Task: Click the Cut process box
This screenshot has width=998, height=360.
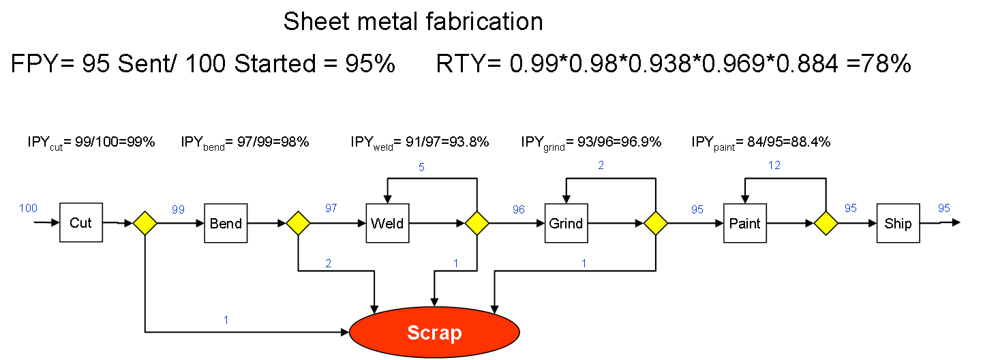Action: pos(81,223)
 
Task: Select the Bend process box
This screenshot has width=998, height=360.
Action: pos(226,223)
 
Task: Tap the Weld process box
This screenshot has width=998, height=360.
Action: pos(388,223)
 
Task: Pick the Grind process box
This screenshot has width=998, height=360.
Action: pos(566,223)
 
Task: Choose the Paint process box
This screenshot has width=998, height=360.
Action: pos(745,223)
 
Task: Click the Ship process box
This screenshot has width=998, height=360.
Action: pos(898,223)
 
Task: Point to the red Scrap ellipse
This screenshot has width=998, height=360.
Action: pos(434,332)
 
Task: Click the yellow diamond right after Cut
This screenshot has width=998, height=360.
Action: pos(145,223)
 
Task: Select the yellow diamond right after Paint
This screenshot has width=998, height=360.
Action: pos(826,223)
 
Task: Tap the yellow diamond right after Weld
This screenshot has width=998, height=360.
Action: pos(477,223)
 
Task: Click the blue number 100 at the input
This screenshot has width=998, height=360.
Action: pos(28,208)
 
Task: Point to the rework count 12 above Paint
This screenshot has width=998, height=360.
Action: pos(774,165)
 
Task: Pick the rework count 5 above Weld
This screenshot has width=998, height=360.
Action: pos(421,167)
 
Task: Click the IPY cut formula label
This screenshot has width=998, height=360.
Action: pos(91,143)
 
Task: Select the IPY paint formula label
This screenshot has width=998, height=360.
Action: pos(761,143)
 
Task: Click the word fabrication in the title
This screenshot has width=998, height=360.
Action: pos(484,21)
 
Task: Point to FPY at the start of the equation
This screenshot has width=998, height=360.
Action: pos(35,63)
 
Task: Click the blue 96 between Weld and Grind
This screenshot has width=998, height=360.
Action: pos(519,209)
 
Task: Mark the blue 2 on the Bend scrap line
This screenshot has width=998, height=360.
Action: pos(329,263)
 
